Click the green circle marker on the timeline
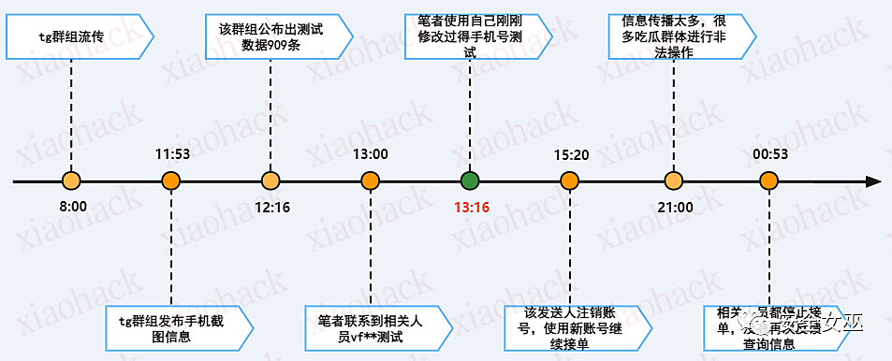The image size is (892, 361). [x=470, y=180]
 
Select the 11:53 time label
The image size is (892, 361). [x=171, y=153]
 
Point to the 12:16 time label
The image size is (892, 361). [x=271, y=207]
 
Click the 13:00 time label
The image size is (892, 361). [x=371, y=153]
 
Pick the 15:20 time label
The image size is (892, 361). [x=571, y=153]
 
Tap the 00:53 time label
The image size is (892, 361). [x=770, y=153]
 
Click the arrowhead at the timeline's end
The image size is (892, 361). [x=873, y=180]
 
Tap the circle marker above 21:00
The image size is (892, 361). [x=672, y=180]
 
